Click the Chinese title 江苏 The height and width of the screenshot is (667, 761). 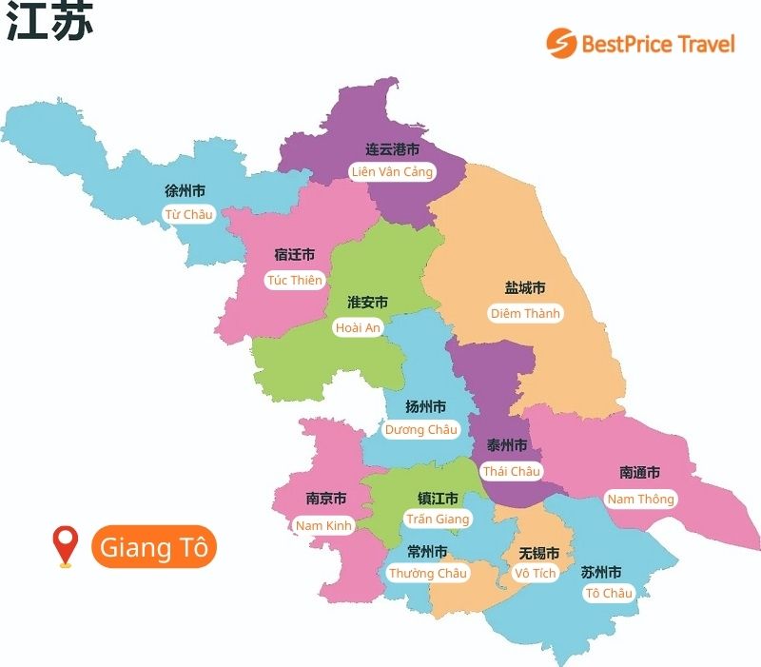(x=50, y=23)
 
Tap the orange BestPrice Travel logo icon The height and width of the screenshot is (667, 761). (x=561, y=43)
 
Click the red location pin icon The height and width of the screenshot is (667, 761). (x=65, y=546)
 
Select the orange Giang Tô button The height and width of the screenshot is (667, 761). (x=154, y=548)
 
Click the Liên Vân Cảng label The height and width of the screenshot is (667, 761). (x=392, y=172)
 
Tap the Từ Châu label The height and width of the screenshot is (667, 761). (x=188, y=214)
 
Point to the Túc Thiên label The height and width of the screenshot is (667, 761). (x=295, y=280)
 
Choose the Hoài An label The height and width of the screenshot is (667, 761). (x=358, y=327)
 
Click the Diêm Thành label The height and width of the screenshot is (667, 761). (x=525, y=313)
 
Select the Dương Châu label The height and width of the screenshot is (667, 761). (x=420, y=430)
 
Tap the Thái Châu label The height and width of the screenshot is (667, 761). (x=511, y=471)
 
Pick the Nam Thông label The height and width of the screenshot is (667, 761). (x=640, y=499)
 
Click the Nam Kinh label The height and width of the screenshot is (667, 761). (x=323, y=525)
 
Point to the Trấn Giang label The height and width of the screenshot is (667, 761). (x=438, y=520)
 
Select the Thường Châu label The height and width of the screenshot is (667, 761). (x=427, y=573)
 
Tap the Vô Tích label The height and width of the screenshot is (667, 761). (x=535, y=573)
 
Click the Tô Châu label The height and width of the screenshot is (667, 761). (x=609, y=594)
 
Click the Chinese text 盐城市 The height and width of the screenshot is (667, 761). (x=525, y=288)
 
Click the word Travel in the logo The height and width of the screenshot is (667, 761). (x=705, y=44)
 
